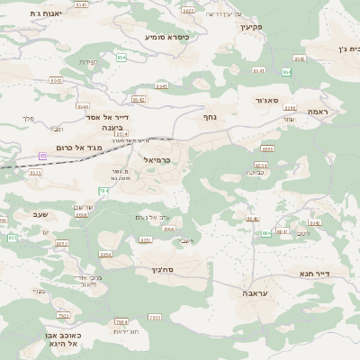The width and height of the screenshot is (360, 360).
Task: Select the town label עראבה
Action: [254, 293]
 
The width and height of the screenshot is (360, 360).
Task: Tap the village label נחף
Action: [210, 117]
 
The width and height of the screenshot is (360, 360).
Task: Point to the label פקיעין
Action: [251, 27]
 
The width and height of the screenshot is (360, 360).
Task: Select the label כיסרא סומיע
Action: [172, 38]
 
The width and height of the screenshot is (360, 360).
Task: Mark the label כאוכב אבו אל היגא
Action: [62, 339]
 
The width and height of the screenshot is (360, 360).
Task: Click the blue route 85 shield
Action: [42, 156]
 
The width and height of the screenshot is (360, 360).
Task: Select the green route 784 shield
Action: [103, 191]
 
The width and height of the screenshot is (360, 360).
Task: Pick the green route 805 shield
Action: [13, 237]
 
